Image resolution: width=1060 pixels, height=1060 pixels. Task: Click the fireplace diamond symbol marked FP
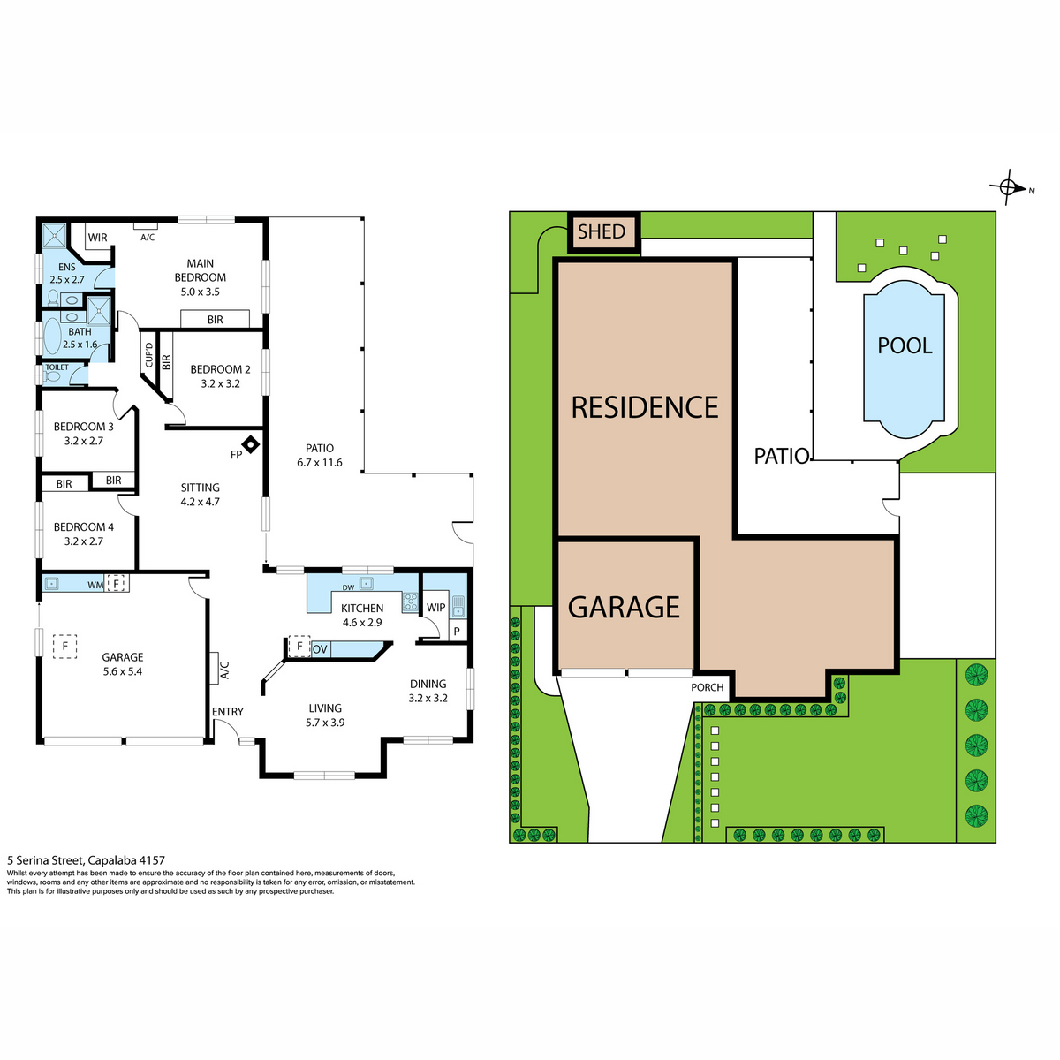point(251,444)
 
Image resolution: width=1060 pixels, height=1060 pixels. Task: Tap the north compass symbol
point(1011,187)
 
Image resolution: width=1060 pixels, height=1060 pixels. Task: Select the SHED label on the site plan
point(602,231)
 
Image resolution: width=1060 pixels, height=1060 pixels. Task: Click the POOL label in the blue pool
point(905,345)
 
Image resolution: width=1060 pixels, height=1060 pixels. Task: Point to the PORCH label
point(708,687)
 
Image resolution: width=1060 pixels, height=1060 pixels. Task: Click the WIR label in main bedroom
point(97,238)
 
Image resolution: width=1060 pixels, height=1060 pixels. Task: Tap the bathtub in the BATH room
point(53,337)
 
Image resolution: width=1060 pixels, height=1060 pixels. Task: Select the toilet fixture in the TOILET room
point(52,376)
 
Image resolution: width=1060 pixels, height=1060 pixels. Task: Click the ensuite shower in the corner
point(55,236)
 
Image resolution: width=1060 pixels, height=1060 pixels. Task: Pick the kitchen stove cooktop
point(411,602)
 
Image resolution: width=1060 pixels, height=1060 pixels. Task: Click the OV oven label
point(320,649)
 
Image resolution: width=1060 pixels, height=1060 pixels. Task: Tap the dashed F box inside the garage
point(64,647)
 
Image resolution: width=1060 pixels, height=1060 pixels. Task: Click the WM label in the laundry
point(95,586)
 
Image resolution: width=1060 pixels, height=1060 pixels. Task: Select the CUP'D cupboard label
point(149,355)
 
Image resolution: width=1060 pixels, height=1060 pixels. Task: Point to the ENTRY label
point(228,712)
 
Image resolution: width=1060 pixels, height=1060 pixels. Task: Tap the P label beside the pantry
point(457,632)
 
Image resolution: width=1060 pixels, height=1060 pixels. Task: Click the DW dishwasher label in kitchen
point(348,587)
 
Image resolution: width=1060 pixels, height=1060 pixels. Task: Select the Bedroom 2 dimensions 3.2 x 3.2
point(220,384)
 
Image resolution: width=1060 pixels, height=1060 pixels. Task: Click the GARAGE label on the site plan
point(624,607)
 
